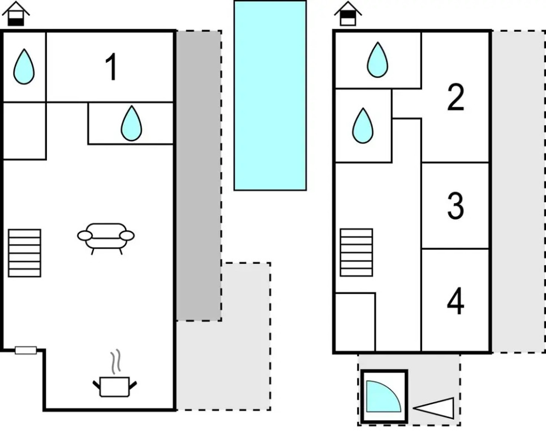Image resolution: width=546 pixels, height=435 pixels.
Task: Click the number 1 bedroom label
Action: (x=111, y=68)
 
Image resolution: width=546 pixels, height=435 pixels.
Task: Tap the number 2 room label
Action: (x=455, y=98)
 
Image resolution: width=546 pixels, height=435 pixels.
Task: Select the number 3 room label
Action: (x=455, y=206)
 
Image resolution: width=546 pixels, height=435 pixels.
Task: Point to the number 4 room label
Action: (x=455, y=301)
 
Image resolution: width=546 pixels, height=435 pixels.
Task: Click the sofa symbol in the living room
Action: (x=106, y=237)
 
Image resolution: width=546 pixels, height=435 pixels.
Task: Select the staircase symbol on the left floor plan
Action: (x=24, y=253)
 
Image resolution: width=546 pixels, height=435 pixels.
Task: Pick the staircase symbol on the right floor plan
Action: (x=356, y=252)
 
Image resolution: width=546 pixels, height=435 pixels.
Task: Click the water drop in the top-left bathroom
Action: (x=24, y=66)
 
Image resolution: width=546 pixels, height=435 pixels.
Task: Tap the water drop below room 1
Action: (x=131, y=123)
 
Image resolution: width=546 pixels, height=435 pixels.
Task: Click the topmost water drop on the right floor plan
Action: (x=377, y=59)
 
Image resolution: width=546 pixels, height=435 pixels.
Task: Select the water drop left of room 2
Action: (x=363, y=125)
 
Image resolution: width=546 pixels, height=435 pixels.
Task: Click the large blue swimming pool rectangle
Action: (x=270, y=95)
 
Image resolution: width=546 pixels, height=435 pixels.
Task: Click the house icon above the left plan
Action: (x=17, y=14)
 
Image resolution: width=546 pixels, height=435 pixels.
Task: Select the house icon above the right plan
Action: (x=347, y=14)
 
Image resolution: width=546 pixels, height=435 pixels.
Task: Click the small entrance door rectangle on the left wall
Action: (x=25, y=350)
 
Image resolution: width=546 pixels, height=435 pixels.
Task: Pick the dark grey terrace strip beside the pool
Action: (x=198, y=176)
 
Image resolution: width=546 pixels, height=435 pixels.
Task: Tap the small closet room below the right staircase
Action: (x=355, y=321)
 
